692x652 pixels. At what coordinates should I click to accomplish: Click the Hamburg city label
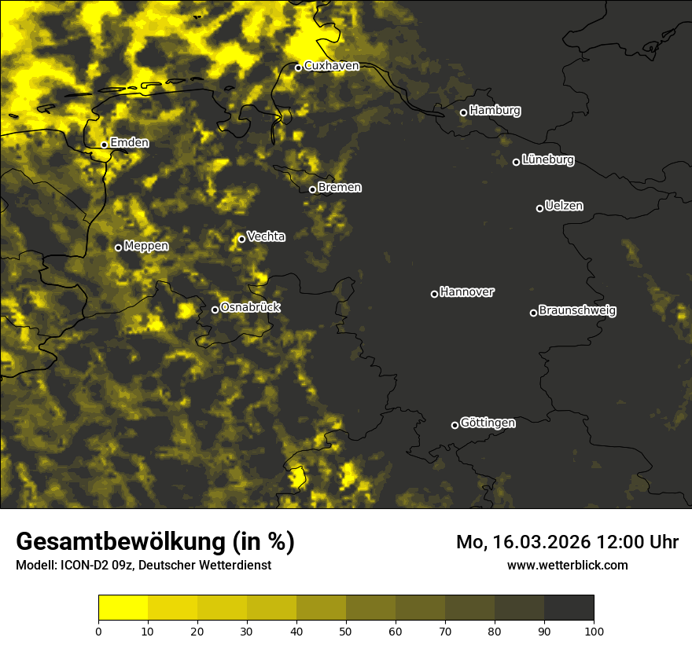[x=495, y=111]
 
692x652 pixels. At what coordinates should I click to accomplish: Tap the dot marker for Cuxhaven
[x=298, y=68]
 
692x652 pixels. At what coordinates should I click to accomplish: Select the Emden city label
[x=129, y=143]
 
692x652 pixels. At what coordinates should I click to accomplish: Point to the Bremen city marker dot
[x=312, y=189]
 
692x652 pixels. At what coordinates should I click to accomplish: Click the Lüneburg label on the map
[x=547, y=160]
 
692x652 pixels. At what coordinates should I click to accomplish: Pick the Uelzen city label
[x=564, y=206]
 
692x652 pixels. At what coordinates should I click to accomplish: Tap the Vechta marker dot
[x=241, y=239]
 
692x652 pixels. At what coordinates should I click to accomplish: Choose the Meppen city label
[x=146, y=246]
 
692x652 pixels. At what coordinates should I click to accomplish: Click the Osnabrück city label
[x=250, y=307]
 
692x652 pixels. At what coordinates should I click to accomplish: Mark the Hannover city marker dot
[x=434, y=294]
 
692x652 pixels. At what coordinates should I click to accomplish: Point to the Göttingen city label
[x=488, y=423]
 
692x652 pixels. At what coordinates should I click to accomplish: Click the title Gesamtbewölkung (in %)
[x=155, y=541]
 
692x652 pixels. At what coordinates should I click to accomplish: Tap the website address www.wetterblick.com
[x=567, y=565]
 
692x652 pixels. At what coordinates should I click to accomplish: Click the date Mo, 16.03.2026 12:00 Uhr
[x=567, y=542]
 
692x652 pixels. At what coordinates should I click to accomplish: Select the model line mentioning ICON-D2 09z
[x=143, y=565]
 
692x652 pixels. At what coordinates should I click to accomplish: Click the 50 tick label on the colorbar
[x=346, y=631]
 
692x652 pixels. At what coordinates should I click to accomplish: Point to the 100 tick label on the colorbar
[x=594, y=631]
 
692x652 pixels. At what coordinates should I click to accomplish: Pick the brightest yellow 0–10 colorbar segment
[x=123, y=608]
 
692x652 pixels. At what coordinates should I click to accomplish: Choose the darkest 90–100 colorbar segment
[x=569, y=608]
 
